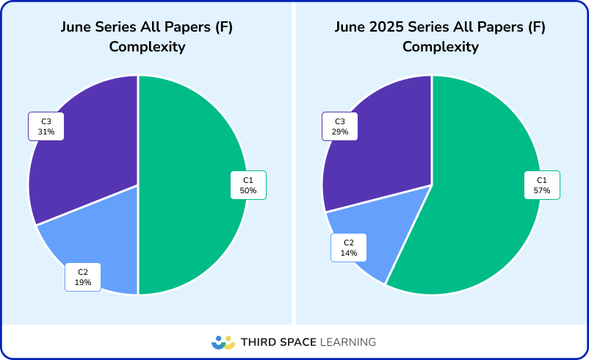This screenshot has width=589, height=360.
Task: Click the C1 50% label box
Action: (248, 185)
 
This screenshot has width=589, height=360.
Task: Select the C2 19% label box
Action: (83, 277)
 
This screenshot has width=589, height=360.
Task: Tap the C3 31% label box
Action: (46, 126)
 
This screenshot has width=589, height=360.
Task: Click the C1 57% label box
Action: (542, 185)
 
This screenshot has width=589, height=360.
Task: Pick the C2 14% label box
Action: (349, 248)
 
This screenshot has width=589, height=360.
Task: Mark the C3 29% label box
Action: (340, 126)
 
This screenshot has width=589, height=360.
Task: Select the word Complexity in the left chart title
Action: (147, 47)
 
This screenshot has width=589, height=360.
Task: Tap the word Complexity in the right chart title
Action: (441, 47)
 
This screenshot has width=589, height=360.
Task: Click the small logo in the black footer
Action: (223, 342)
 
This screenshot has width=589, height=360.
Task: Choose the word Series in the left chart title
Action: (119, 28)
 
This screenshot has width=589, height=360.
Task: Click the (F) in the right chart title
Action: (536, 28)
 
